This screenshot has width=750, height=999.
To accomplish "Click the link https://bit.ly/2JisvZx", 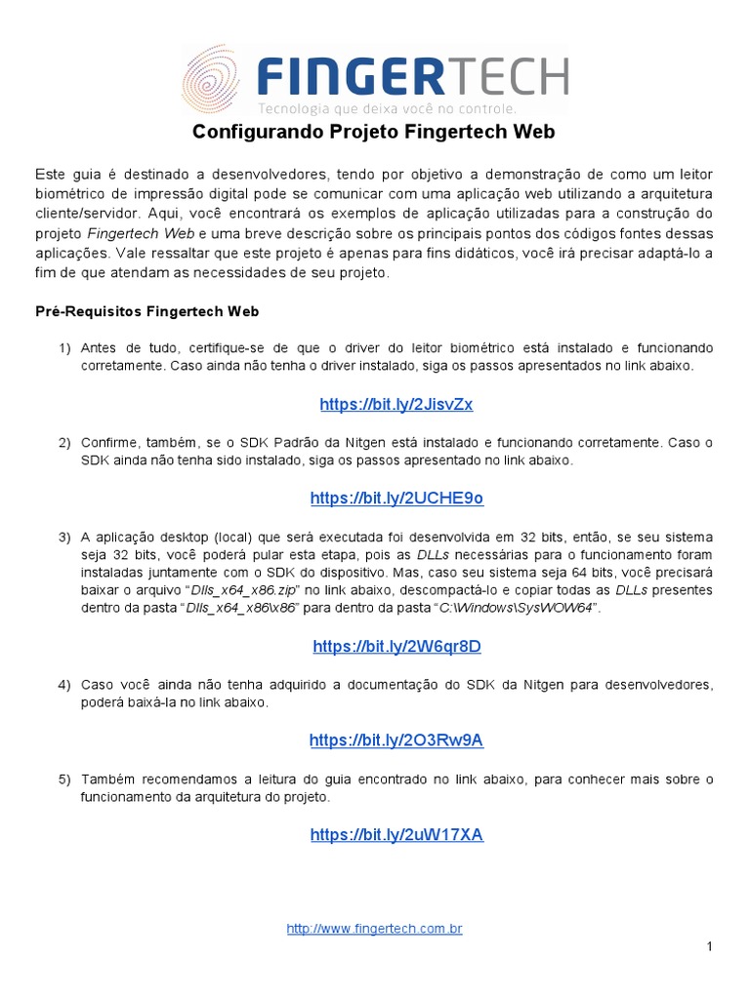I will (396, 405).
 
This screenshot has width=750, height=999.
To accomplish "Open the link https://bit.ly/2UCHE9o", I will (396, 499).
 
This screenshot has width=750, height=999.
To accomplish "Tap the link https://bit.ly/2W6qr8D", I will (396, 647).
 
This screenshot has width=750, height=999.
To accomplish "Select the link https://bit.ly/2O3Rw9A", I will (396, 740).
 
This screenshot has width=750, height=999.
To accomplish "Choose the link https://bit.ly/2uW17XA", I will (396, 835).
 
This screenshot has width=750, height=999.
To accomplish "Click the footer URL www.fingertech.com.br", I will (374, 929).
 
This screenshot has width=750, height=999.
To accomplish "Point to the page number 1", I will (710, 947).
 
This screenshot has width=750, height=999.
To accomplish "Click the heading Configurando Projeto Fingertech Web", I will (374, 132).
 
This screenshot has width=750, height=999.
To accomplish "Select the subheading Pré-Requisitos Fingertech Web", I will (146, 312).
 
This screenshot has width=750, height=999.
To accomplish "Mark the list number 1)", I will (64, 348).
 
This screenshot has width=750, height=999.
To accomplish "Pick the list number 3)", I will (64, 538).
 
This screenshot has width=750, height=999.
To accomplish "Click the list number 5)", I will (64, 779).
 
